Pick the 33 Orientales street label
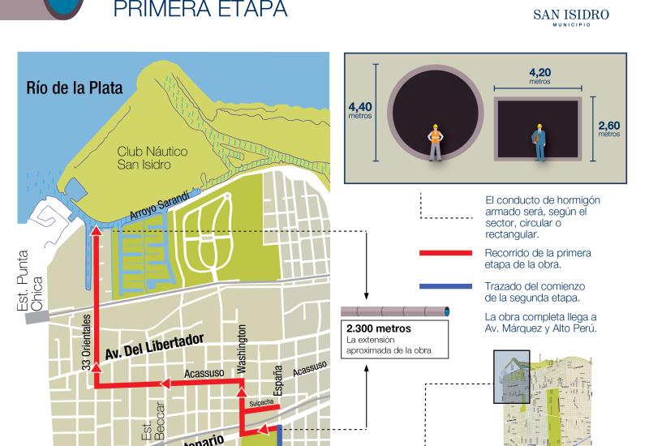pyautogui.click(x=87, y=341)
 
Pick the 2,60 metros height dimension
pyautogui.click(x=608, y=127)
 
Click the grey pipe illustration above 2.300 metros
pyautogui.click(x=395, y=312)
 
